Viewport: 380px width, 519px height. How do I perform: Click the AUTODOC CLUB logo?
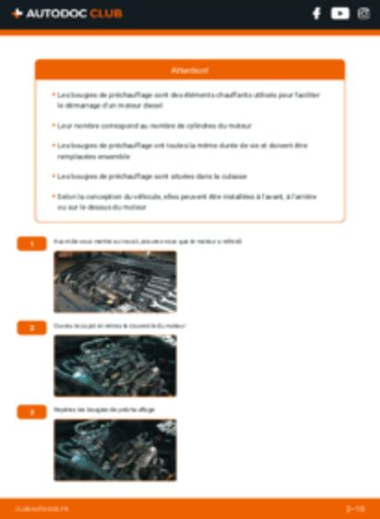[66, 14]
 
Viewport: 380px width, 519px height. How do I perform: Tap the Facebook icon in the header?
[316, 14]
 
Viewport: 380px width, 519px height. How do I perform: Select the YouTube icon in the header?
[339, 14]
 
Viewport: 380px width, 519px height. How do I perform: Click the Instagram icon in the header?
[362, 14]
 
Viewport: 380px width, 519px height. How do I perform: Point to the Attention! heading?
[190, 70]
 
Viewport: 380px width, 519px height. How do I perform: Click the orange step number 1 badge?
[31, 243]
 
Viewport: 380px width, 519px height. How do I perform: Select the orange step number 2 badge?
[31, 327]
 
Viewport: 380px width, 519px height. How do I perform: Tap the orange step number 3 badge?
[31, 411]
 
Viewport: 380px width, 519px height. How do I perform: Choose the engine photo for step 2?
[114, 365]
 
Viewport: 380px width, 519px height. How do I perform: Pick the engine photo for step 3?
[114, 450]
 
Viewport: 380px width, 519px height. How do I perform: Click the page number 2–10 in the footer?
[355, 508]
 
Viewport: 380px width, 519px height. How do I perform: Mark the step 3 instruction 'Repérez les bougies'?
[104, 409]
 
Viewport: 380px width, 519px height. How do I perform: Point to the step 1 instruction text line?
[147, 242]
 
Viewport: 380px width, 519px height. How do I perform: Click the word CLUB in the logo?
[105, 14]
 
